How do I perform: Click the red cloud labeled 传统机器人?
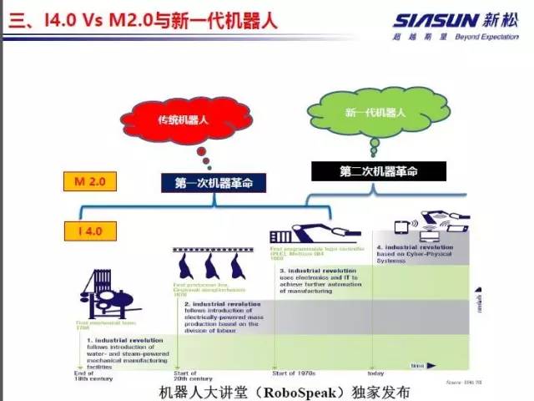coord(183,120)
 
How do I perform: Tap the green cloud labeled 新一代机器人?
coord(375,112)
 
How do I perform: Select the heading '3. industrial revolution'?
coord(313,271)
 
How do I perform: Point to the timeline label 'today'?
coord(376,373)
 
